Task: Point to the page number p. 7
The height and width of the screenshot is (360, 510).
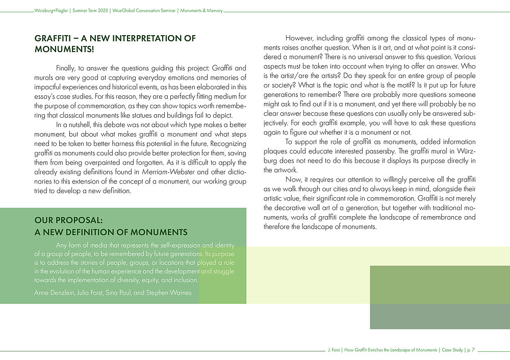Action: [x=470, y=350]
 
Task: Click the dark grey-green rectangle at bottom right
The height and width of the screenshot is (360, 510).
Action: [x=440, y=297]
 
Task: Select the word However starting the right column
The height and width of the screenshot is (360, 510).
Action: [x=300, y=38]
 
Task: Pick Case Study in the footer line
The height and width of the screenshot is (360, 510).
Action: [x=451, y=350]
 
